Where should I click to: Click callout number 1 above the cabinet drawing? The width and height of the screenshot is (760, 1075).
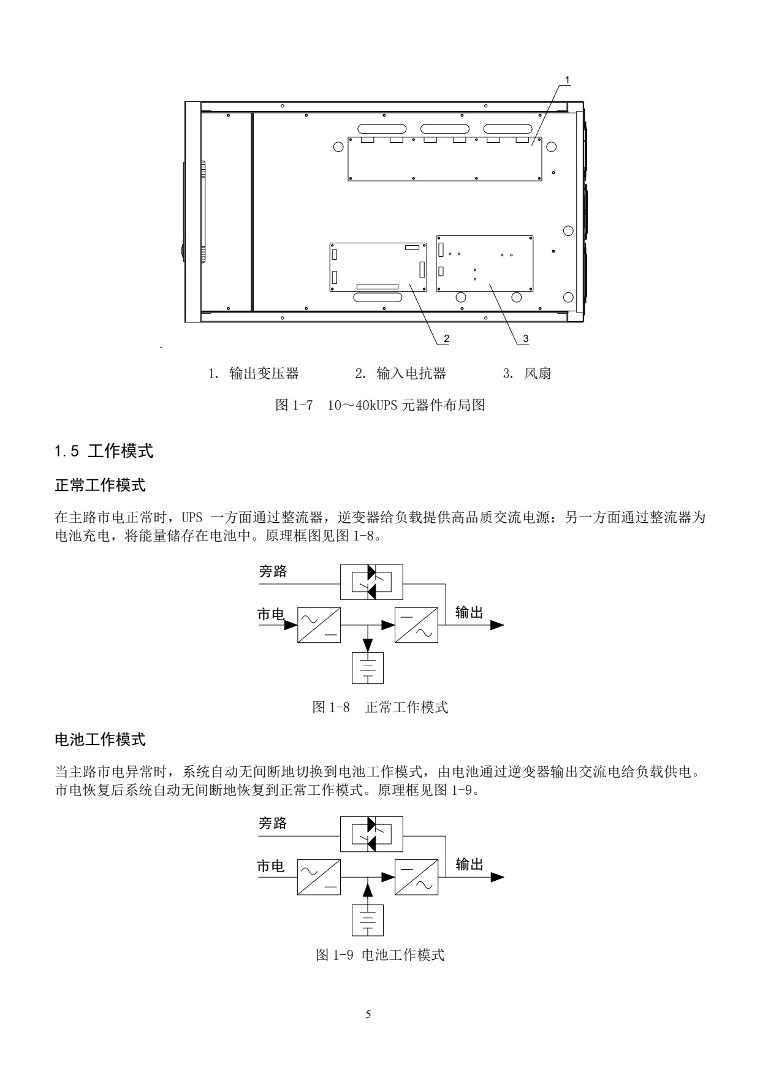click(x=567, y=80)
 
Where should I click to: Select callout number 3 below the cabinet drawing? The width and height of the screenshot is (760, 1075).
click(x=525, y=338)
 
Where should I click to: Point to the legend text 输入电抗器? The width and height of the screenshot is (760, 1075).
click(x=411, y=373)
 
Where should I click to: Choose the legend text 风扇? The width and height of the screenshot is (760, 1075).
click(x=538, y=373)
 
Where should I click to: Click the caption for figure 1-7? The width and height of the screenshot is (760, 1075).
click(x=380, y=405)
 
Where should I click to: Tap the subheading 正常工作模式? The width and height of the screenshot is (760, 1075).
click(x=101, y=485)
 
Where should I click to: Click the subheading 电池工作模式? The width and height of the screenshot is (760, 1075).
click(x=101, y=740)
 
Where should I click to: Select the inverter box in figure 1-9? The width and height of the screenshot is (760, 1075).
click(x=417, y=876)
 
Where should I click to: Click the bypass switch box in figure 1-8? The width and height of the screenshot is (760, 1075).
click(x=371, y=582)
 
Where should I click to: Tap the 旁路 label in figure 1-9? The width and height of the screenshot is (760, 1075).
click(x=273, y=823)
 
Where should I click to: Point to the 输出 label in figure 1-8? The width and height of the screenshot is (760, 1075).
click(x=469, y=612)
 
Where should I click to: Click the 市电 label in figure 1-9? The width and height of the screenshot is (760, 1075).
click(x=270, y=865)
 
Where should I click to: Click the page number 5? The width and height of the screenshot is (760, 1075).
click(x=368, y=1014)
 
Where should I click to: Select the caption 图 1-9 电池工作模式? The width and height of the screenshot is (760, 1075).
click(x=380, y=955)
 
